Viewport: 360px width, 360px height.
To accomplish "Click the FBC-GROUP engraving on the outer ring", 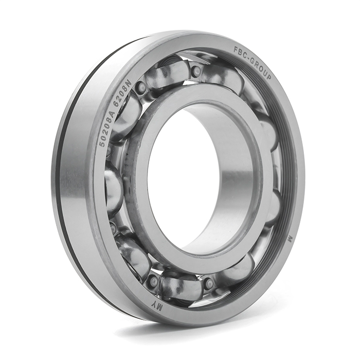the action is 253,62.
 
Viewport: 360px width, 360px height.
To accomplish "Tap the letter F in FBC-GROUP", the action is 236,49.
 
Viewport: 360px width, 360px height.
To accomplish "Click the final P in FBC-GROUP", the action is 268,77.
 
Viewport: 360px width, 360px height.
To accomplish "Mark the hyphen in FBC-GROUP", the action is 249,58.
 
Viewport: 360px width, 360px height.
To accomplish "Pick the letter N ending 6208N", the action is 128,83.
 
